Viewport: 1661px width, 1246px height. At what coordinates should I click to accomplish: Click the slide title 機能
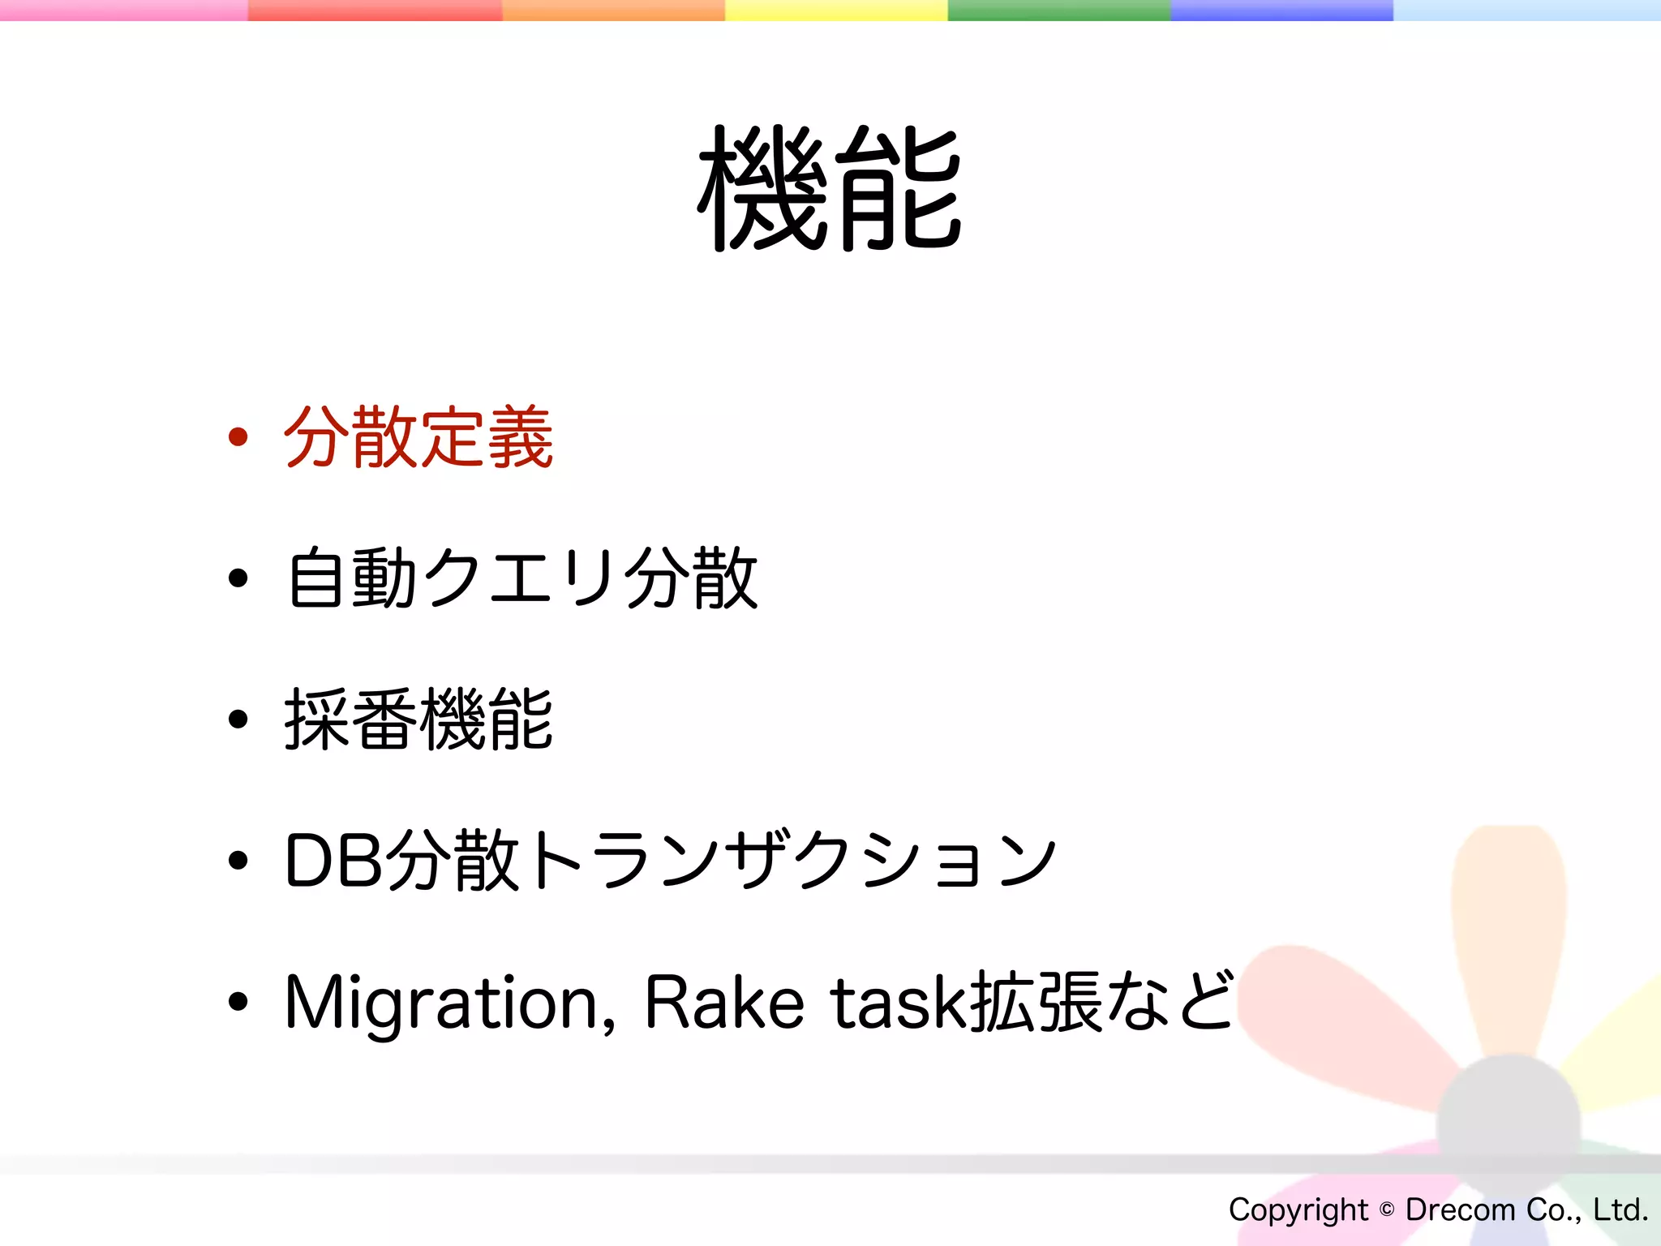point(830,189)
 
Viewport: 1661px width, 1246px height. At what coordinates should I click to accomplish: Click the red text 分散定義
point(418,438)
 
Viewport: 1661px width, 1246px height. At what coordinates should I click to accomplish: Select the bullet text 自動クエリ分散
point(522,578)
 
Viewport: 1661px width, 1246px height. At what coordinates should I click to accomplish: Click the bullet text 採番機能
point(418,720)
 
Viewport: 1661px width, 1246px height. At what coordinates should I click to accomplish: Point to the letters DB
point(333,861)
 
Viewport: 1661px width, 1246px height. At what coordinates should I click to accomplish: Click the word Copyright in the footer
point(1298,1209)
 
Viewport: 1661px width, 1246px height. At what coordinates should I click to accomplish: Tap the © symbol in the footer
point(1387,1209)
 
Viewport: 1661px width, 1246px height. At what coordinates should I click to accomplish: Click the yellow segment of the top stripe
point(835,10)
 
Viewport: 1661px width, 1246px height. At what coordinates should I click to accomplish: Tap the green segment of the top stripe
point(1058,10)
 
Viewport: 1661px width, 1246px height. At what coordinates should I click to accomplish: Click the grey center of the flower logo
point(1509,1124)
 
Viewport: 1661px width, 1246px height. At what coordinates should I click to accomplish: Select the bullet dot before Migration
point(238,1002)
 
